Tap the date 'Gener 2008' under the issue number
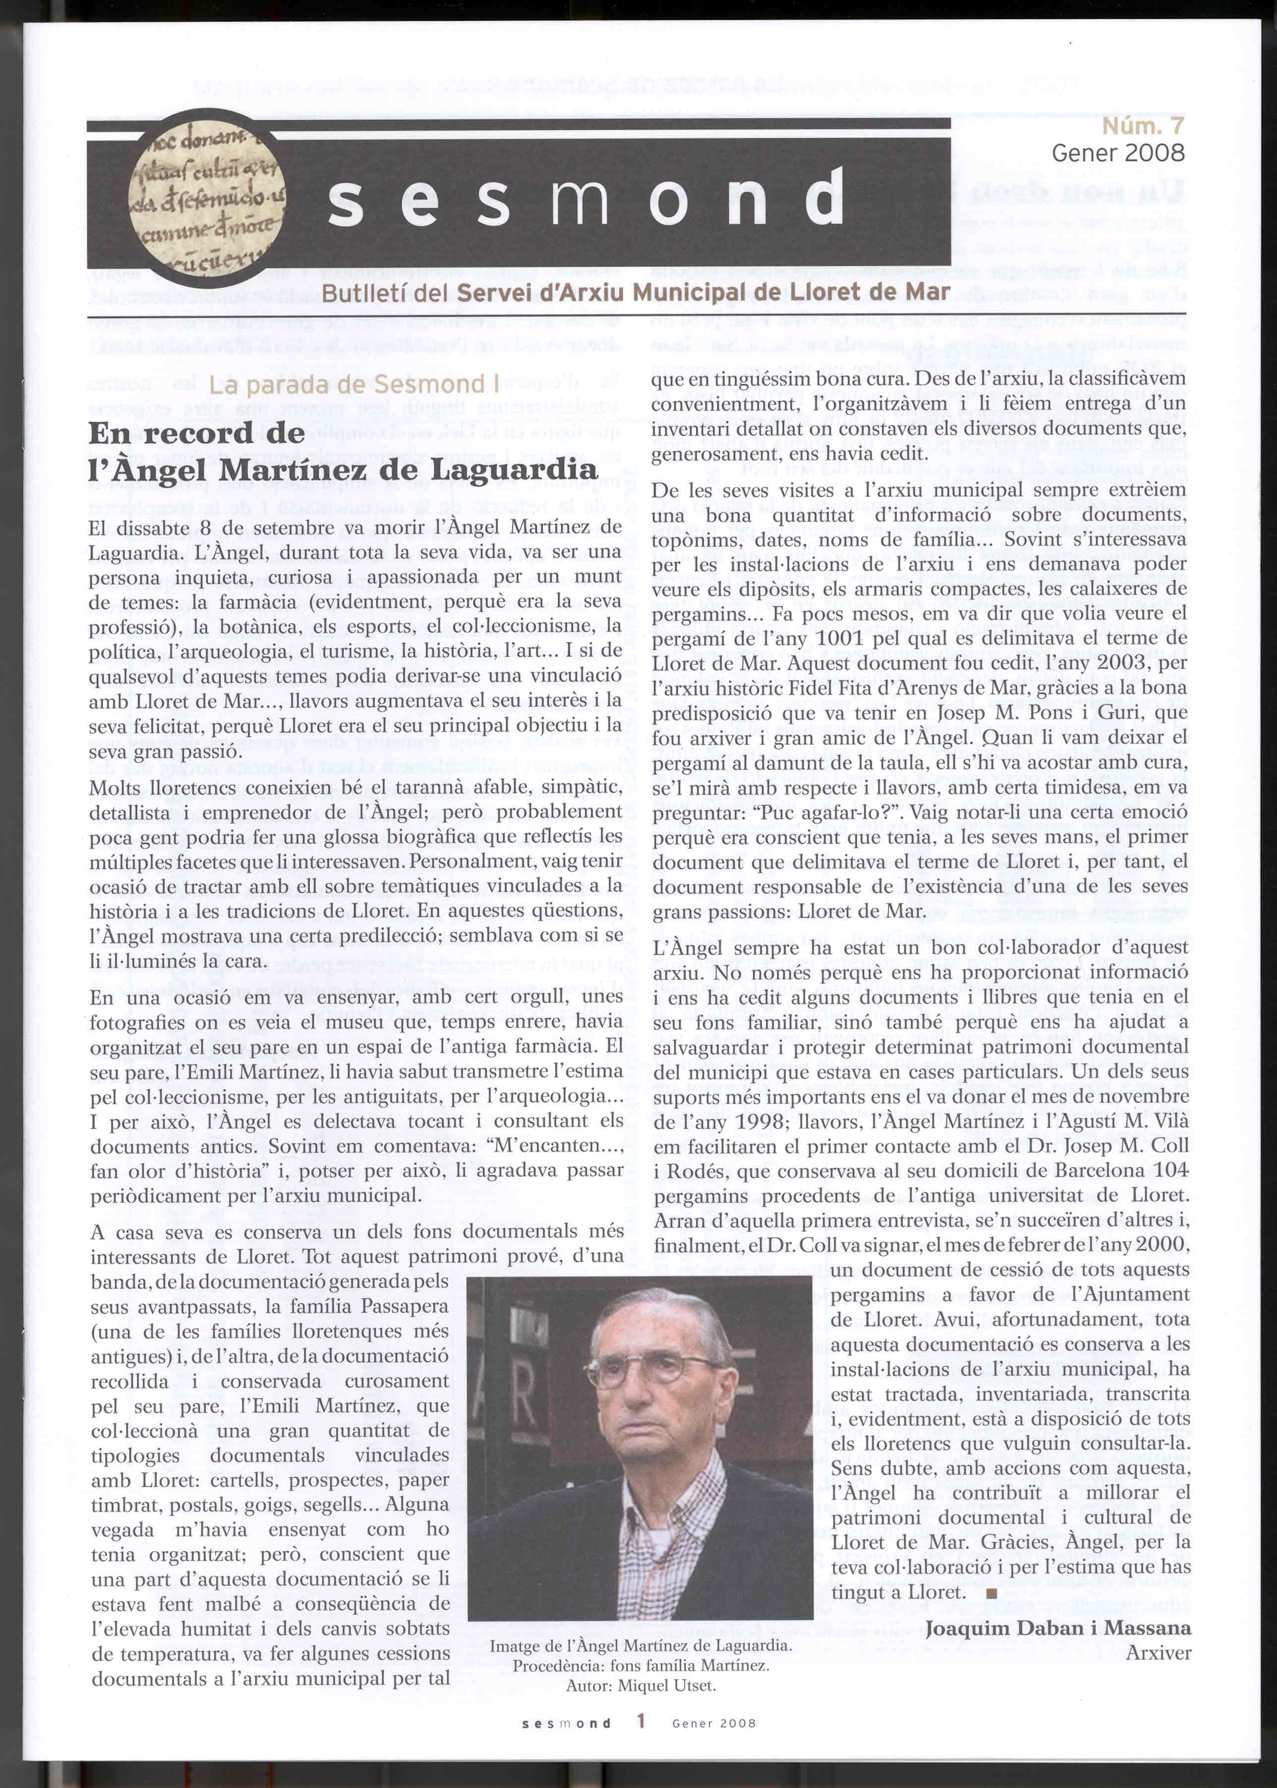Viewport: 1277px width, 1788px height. point(1117,153)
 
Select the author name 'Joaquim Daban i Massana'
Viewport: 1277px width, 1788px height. point(1057,1628)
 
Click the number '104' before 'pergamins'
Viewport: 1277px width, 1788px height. point(1171,1170)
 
